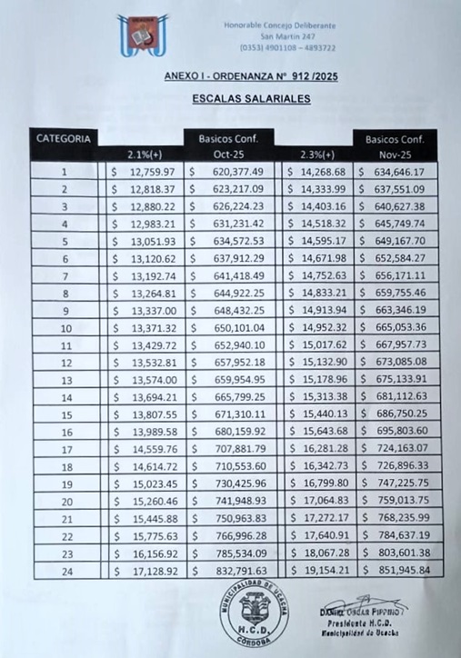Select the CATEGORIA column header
point(64,139)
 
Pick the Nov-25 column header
point(396,154)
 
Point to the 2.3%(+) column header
point(317,154)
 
